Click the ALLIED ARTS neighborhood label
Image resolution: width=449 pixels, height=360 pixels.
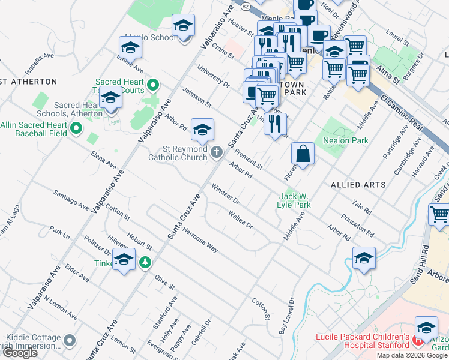click(x=358, y=185)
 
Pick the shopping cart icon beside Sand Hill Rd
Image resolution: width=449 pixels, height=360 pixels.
click(x=439, y=214)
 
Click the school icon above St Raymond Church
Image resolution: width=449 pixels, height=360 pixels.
click(x=202, y=129)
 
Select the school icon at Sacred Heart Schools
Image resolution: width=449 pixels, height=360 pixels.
click(x=111, y=98)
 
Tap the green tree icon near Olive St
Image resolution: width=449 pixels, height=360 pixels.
click(x=145, y=262)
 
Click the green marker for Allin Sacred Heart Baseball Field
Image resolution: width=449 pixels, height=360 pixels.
click(x=76, y=128)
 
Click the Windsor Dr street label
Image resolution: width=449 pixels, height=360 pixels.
click(x=225, y=193)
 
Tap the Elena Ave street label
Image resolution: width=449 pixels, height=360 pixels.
click(x=103, y=159)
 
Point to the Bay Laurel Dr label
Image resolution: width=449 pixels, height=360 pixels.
click(x=286, y=317)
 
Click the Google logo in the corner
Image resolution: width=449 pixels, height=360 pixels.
click(x=20, y=353)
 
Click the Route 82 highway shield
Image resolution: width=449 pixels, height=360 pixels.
click(x=244, y=5)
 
